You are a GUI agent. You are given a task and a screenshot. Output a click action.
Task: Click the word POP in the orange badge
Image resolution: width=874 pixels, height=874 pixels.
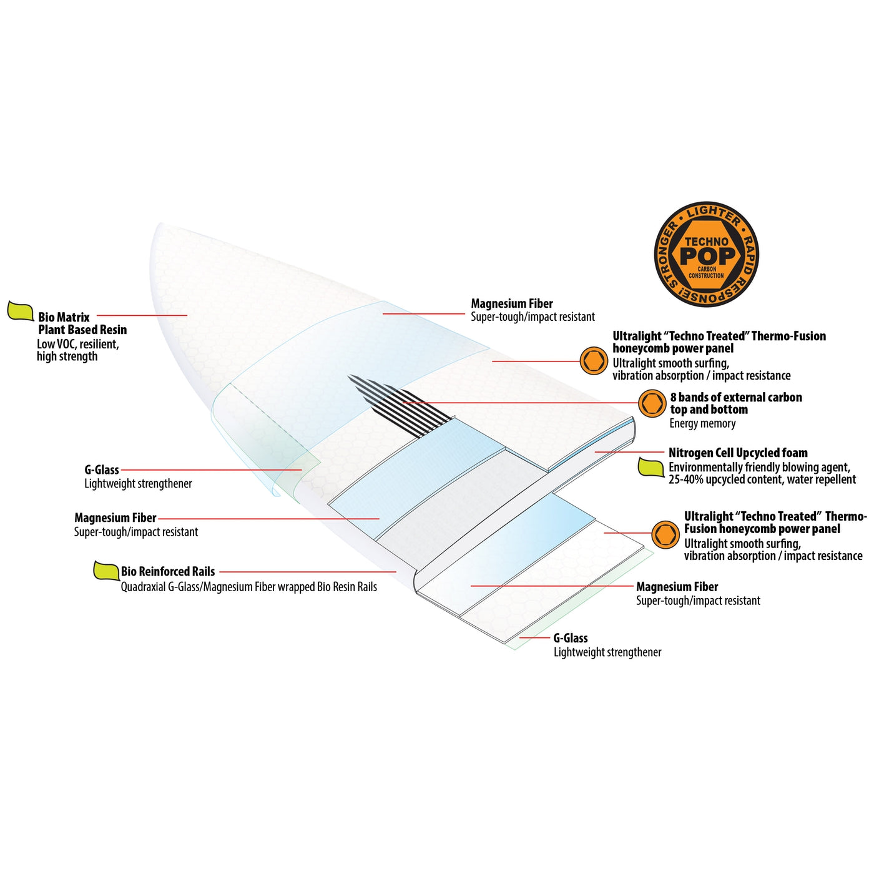tap(707, 256)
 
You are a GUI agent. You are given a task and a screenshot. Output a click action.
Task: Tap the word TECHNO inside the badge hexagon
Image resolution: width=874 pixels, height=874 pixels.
tap(707, 242)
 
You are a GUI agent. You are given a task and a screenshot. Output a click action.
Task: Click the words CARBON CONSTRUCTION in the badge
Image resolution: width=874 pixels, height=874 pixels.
tap(707, 272)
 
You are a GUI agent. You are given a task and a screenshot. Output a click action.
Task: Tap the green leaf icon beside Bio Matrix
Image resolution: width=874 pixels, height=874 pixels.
tap(21, 311)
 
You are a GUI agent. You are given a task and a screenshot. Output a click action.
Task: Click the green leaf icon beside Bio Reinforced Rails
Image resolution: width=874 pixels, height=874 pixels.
tap(106, 570)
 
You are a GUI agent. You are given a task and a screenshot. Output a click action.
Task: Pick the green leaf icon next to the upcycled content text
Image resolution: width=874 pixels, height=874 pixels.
tap(651, 467)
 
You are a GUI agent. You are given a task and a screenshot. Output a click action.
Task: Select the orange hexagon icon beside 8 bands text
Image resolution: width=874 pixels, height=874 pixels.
tap(652, 403)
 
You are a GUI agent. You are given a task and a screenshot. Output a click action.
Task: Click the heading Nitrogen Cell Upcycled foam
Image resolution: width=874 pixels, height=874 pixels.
tap(738, 453)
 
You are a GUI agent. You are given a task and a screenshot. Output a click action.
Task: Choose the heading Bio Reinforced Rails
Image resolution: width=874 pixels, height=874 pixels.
tap(168, 571)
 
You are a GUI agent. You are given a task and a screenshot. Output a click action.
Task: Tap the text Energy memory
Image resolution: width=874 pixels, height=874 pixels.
tap(702, 423)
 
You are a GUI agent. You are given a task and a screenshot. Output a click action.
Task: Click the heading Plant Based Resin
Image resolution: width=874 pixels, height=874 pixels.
tap(82, 330)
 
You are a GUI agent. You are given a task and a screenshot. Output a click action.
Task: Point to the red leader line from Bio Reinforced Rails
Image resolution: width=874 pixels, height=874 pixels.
tap(308, 572)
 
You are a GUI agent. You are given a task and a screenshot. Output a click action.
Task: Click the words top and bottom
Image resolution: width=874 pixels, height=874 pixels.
tap(709, 410)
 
